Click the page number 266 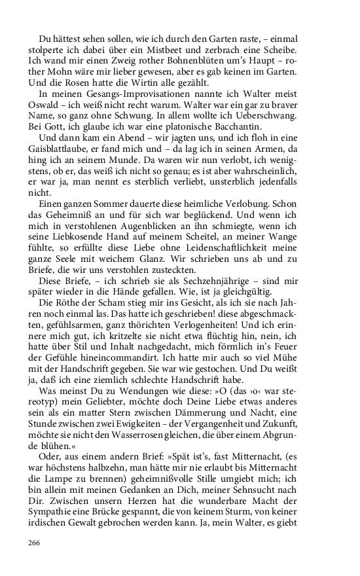[x=34, y=543]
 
